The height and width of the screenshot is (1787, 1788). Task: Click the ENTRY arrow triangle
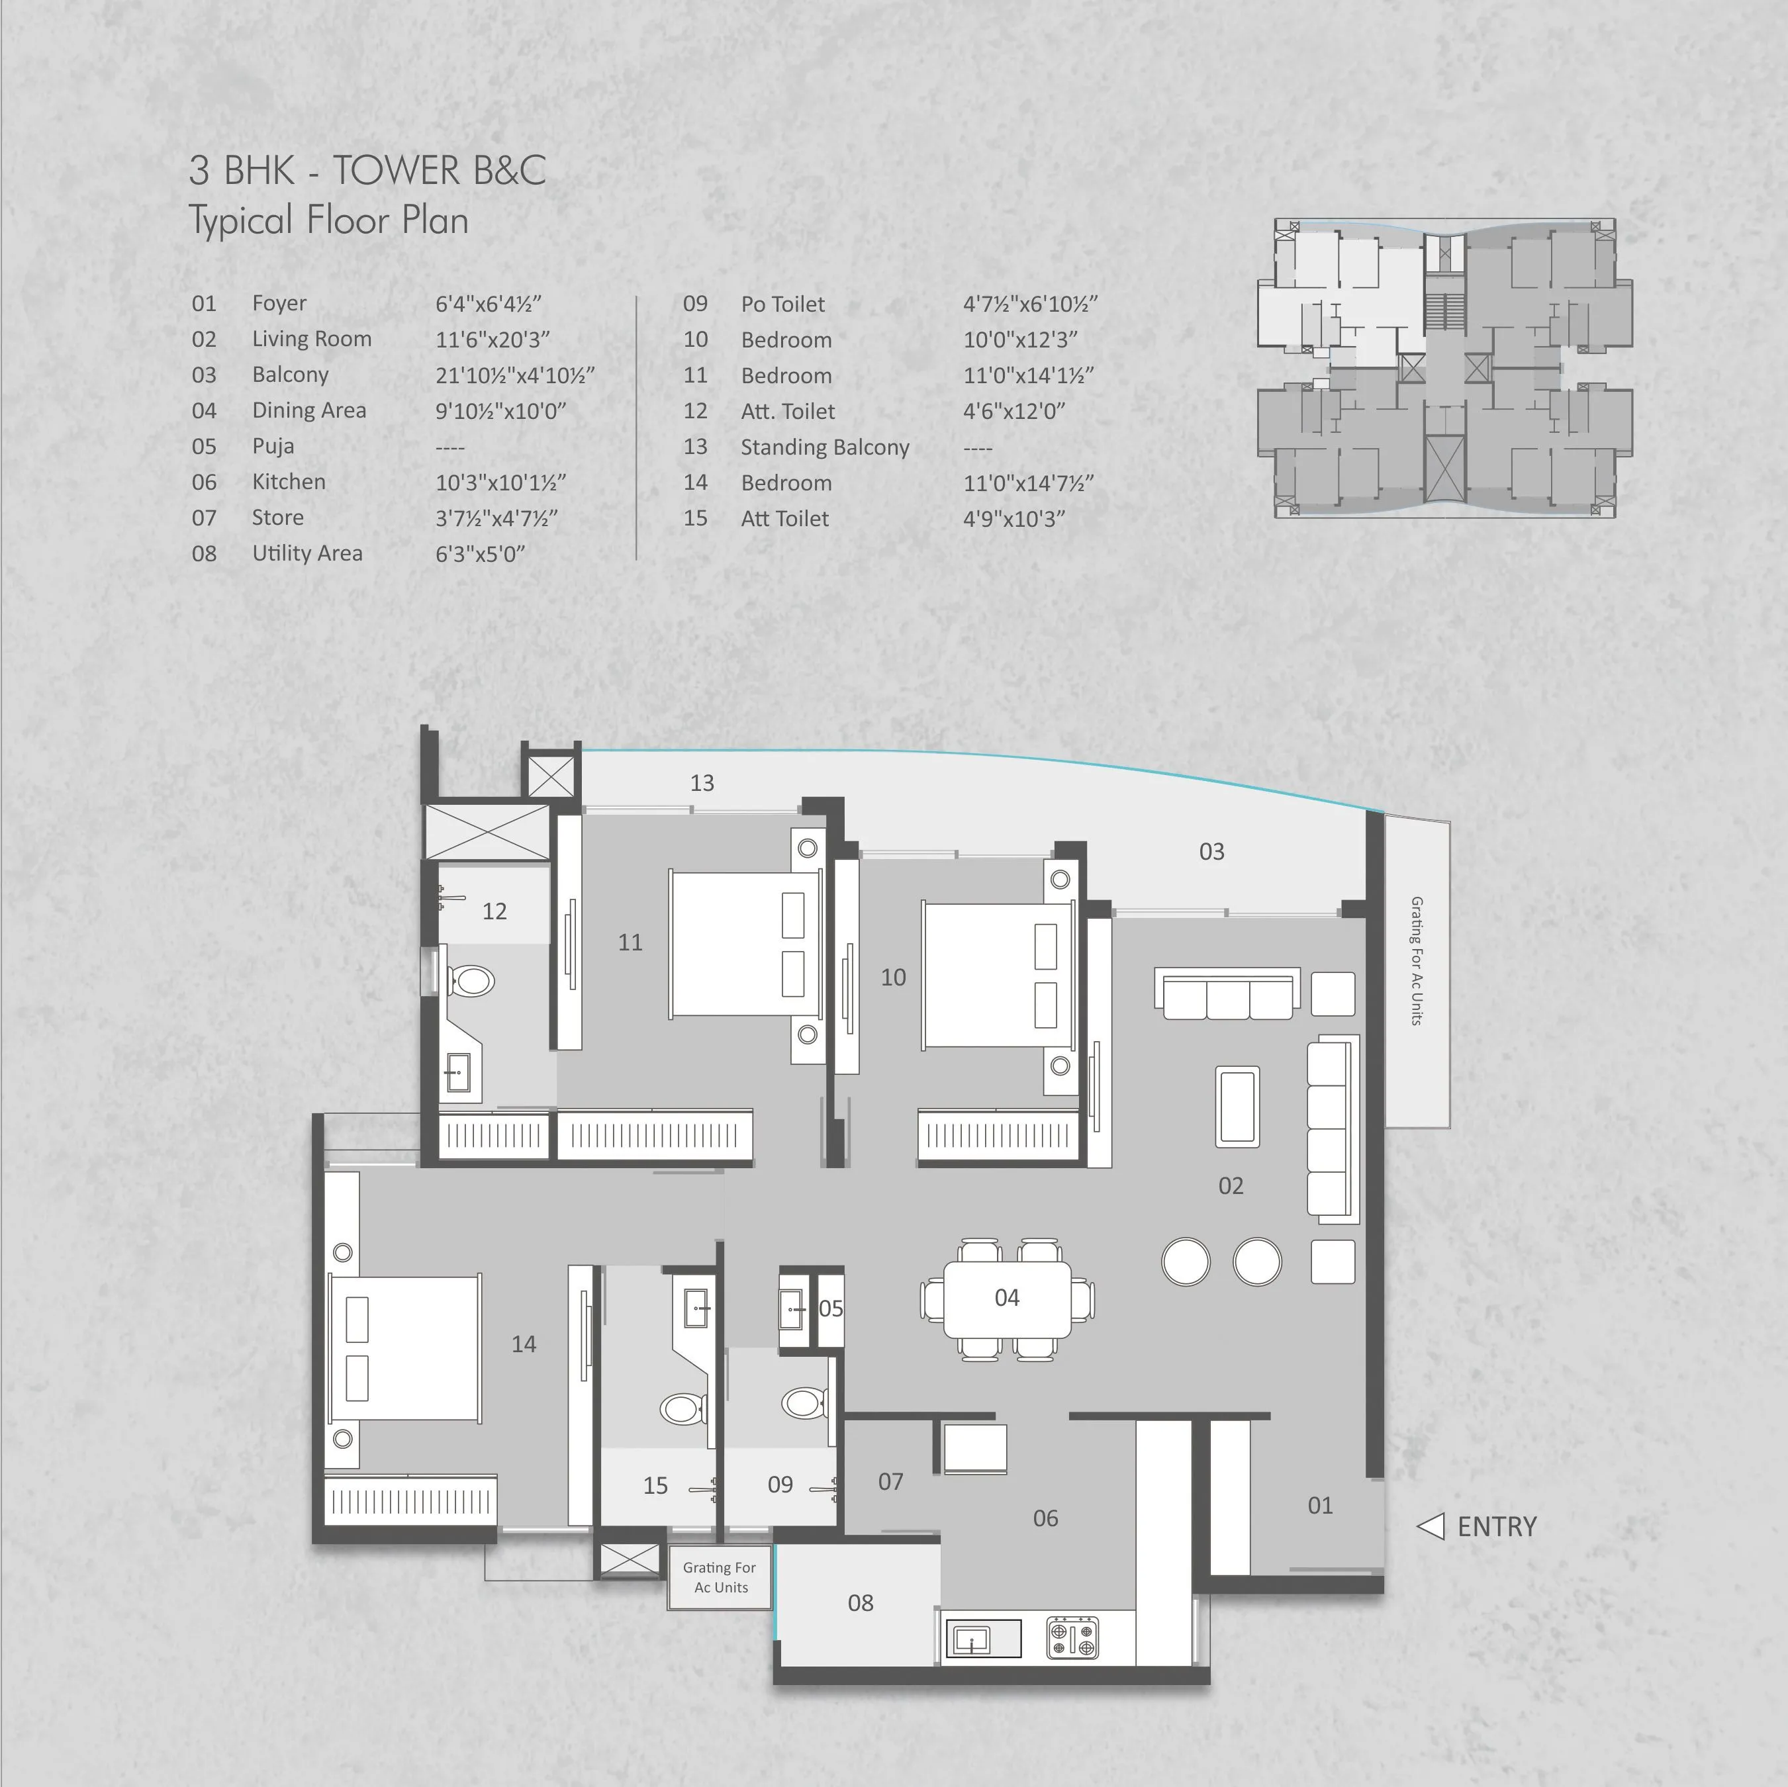[1432, 1526]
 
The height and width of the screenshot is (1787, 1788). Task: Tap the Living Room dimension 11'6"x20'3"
[493, 340]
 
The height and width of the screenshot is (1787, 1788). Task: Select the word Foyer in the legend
[279, 304]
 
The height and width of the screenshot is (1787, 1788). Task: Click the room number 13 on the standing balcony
[702, 783]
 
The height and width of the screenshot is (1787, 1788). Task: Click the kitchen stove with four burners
[1072, 1637]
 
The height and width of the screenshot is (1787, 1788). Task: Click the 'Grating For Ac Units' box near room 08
[720, 1577]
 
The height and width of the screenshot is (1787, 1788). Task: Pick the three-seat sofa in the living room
[1227, 994]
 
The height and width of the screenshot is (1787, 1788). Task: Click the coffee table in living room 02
[1237, 1107]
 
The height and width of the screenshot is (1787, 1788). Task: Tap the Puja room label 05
[830, 1308]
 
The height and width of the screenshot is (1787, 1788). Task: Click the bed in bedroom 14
[404, 1346]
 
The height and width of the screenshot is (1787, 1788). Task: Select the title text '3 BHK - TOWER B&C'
[367, 170]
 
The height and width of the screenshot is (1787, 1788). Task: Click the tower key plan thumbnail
[1444, 367]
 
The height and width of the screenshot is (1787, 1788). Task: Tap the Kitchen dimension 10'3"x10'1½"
[500, 482]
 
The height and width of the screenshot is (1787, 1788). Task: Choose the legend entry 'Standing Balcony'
[825, 447]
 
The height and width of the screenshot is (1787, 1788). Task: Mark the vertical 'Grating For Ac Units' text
[1416, 960]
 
